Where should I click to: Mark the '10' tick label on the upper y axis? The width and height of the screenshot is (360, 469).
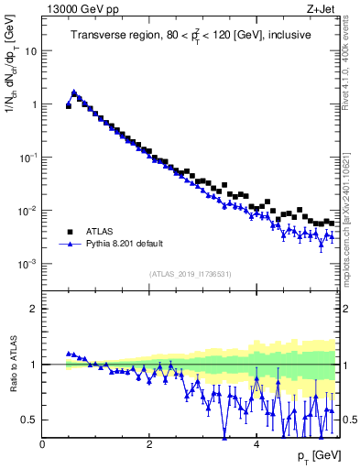coord(30,51)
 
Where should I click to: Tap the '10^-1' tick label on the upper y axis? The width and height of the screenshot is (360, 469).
coord(28,157)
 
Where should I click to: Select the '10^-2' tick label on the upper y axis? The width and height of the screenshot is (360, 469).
coord(28,210)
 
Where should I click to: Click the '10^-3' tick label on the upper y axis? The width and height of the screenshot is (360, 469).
coord(28,263)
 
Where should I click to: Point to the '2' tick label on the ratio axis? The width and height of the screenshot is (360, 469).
coord(34,309)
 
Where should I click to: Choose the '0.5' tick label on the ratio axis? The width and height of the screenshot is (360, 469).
coord(29,420)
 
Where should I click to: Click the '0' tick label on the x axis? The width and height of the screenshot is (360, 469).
coord(42,444)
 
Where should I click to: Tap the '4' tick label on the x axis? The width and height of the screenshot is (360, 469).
coord(256,444)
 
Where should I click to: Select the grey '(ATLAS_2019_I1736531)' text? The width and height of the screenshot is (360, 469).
coord(191,274)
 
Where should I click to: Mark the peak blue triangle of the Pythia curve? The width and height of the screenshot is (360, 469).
coord(74,92)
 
